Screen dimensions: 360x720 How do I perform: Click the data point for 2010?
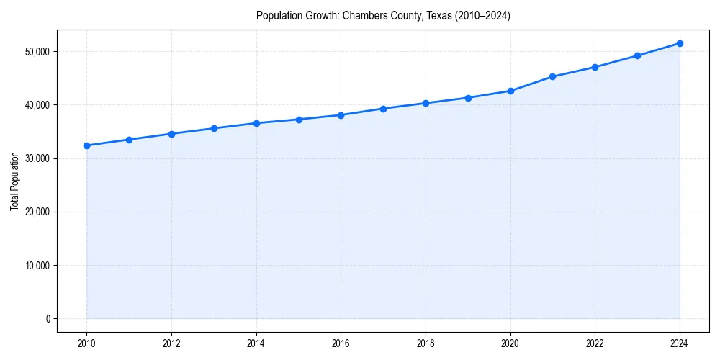tap(86, 145)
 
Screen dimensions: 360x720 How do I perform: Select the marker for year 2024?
tap(680, 43)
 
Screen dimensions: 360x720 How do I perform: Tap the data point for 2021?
tap(552, 76)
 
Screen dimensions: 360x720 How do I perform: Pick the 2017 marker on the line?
tap(383, 109)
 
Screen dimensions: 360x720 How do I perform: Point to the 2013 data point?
tap(214, 128)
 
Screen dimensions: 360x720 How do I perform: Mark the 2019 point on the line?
tap(468, 98)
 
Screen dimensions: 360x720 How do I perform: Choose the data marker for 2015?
tap(298, 120)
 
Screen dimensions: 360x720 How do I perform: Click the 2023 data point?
tap(637, 55)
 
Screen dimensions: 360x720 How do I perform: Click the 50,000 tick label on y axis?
tap(36, 52)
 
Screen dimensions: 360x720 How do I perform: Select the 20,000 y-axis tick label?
tap(36, 212)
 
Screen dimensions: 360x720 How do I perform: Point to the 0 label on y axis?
tap(48, 319)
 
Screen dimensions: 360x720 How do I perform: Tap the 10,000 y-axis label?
tap(36, 266)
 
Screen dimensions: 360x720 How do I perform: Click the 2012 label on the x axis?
tap(171, 343)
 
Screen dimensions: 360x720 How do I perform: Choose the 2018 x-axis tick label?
tap(426, 343)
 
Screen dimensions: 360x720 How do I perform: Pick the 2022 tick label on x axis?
tap(595, 343)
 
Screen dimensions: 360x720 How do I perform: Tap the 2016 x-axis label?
tap(341, 343)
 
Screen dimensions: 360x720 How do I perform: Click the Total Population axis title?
tap(15, 181)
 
